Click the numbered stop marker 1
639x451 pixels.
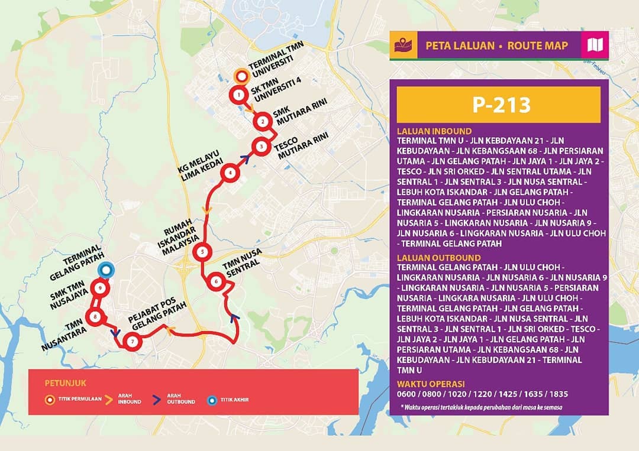click(238, 95)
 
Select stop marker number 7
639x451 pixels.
click(133, 342)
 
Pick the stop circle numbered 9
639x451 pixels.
click(101, 288)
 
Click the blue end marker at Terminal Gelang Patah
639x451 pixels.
click(106, 270)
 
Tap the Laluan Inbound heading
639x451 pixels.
click(434, 131)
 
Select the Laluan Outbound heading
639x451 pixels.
click(438, 258)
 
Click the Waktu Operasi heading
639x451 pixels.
click(431, 384)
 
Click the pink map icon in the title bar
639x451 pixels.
click(595, 46)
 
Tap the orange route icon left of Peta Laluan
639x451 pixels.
click(403, 46)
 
